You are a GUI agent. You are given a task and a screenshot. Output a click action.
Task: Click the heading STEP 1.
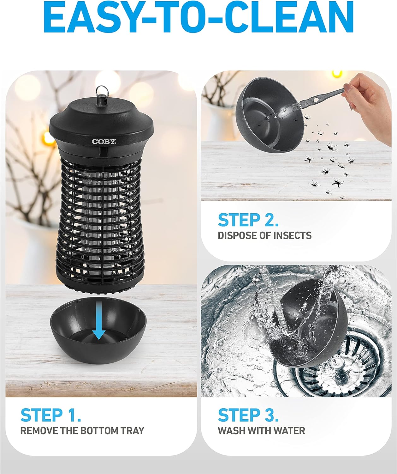click(x=50, y=415)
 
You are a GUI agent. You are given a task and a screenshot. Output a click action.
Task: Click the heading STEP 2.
click(x=248, y=220)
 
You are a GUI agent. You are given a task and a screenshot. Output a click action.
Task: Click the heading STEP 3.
click(x=248, y=415)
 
